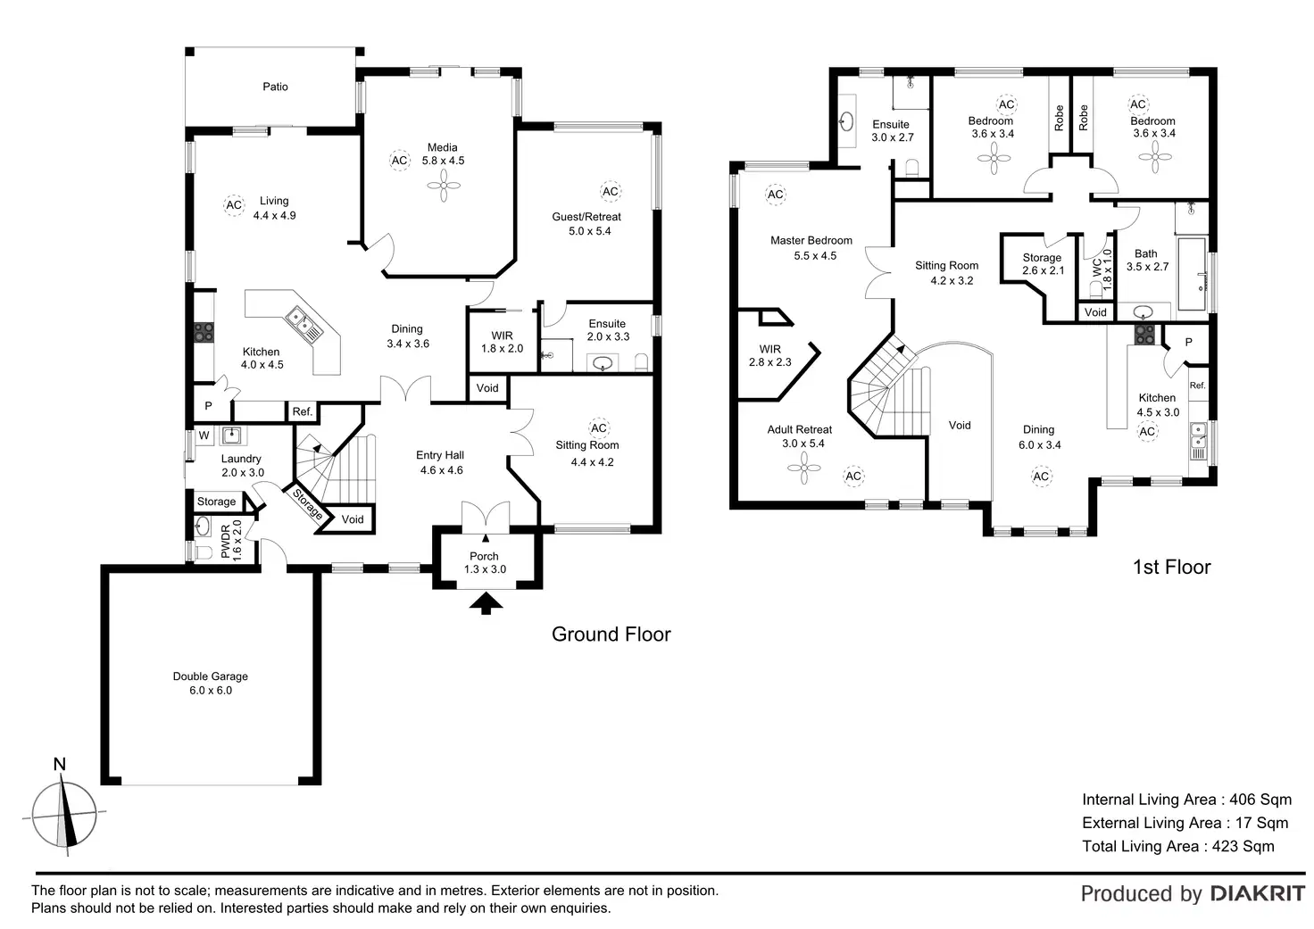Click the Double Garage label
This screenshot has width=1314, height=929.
211,684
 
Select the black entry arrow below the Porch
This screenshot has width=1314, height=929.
485,605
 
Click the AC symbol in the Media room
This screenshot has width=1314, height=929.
399,161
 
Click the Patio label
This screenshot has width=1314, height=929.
275,87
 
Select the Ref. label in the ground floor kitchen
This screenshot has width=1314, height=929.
303,411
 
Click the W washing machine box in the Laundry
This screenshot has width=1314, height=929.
204,435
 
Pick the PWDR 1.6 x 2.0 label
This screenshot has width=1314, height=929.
230,541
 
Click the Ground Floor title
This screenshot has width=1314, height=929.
611,635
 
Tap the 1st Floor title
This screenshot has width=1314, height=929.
1171,567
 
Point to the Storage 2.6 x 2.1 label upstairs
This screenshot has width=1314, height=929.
1043,264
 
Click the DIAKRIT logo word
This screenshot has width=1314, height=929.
1257,893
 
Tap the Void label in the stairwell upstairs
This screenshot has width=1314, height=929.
960,425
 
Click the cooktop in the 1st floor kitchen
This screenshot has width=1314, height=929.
1144,335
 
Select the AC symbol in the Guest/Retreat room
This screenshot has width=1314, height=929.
610,191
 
